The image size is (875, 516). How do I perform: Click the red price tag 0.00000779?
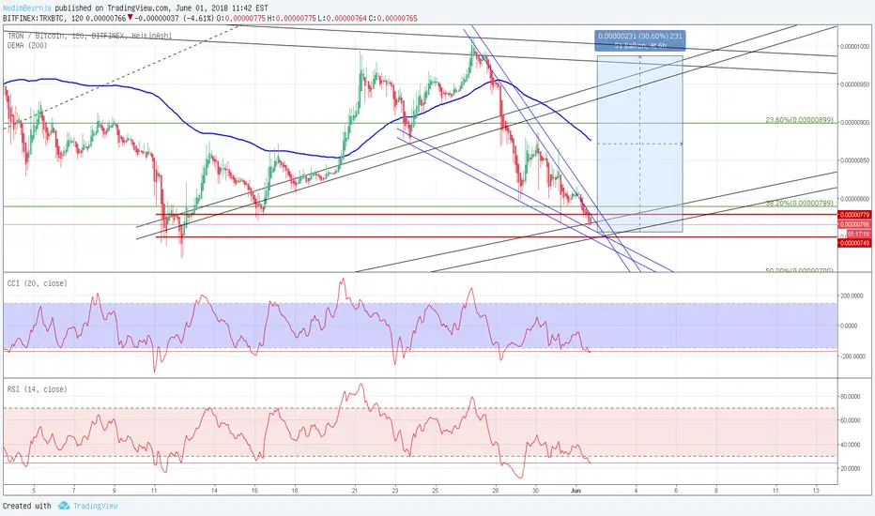854,215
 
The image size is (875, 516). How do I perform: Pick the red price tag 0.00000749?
854,238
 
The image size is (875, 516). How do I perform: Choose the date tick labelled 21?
355,491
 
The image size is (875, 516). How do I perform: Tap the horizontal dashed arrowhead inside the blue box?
679,144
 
